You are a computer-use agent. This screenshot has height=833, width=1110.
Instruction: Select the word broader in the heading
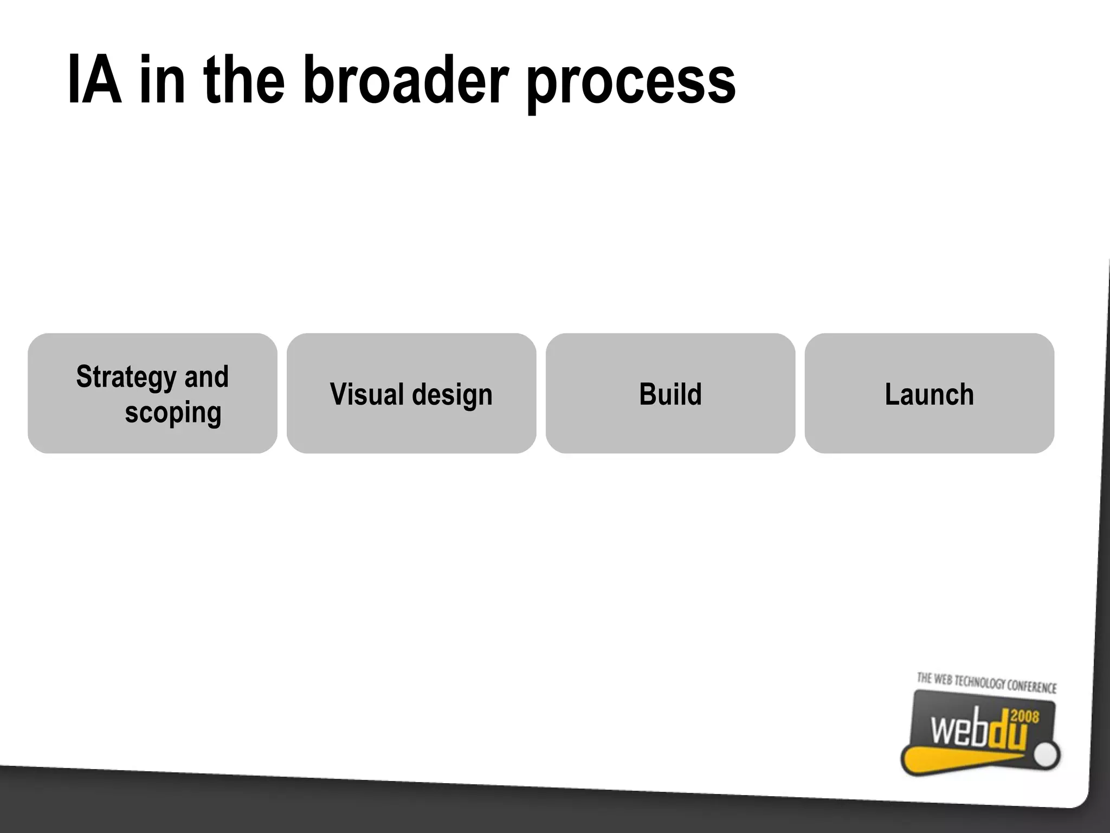pyautogui.click(x=405, y=80)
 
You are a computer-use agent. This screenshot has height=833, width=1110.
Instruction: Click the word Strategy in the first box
pyautogui.click(x=126, y=377)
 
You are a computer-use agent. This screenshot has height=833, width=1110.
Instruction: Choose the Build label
pyautogui.click(x=670, y=394)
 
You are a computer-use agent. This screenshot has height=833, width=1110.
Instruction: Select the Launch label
pyautogui.click(x=929, y=394)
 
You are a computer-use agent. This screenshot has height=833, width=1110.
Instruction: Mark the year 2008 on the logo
pyautogui.click(x=1025, y=717)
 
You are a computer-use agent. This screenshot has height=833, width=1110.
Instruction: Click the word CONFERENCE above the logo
pyautogui.click(x=1031, y=687)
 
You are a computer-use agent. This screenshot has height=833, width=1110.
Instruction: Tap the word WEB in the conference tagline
pyautogui.click(x=943, y=680)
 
